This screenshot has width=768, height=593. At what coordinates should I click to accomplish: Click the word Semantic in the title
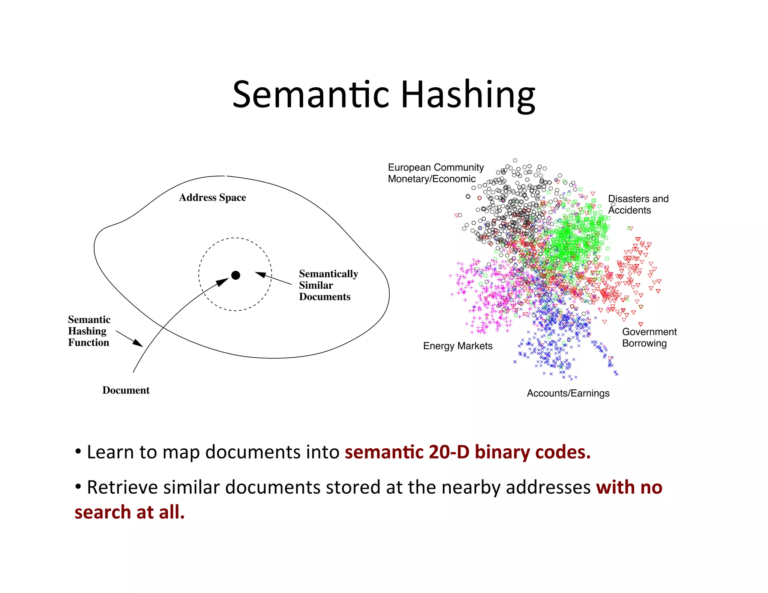coord(311,96)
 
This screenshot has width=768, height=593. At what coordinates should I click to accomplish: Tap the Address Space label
coord(213,198)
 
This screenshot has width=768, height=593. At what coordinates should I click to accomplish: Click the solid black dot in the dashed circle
coord(235,276)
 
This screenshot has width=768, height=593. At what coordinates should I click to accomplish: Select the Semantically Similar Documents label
coord(328,285)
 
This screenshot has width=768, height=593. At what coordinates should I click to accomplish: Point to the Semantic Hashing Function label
coord(89,331)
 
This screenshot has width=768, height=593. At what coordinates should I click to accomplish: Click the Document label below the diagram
coord(126,390)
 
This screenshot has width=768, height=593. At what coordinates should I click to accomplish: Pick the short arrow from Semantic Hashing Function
coord(130,338)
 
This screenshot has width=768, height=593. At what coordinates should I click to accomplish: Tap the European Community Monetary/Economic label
coord(435,173)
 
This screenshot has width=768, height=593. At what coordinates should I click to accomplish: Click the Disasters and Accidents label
coord(638,204)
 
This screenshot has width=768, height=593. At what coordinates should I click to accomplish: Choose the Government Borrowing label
coord(649,337)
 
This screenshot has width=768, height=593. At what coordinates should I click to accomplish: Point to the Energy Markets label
coord(457,346)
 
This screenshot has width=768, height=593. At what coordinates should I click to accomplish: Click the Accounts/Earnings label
coord(568,393)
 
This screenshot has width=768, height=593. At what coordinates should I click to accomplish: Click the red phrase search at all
coord(129,512)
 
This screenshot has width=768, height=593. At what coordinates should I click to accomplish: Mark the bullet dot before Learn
coord(78,452)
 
